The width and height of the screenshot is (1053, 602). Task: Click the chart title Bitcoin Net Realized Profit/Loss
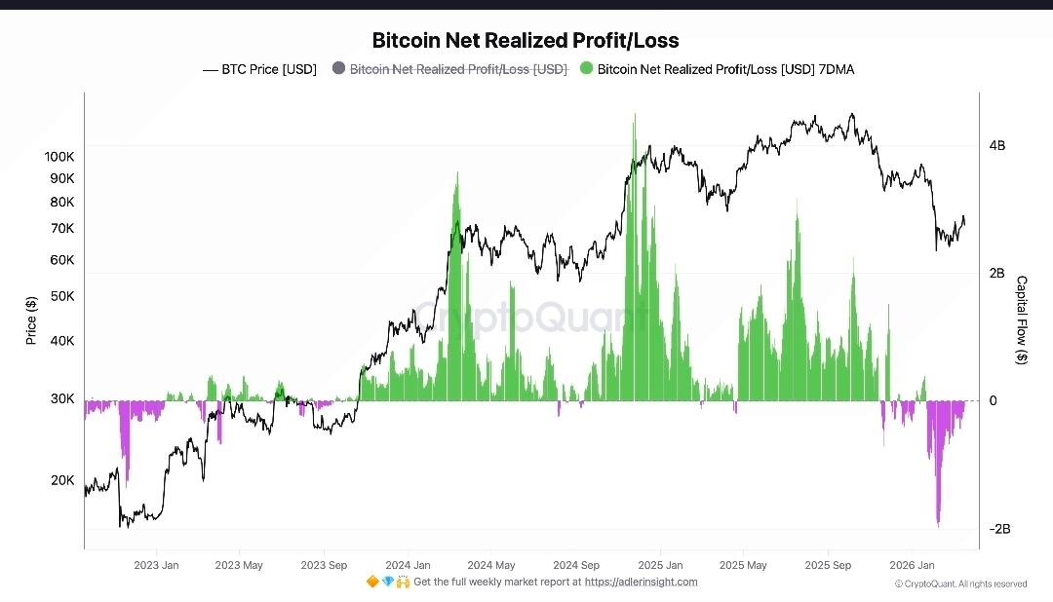[526, 41]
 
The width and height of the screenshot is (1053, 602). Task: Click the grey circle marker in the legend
[338, 68]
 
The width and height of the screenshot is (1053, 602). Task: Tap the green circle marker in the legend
[586, 68]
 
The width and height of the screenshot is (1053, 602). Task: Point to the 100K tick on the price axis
[59, 156]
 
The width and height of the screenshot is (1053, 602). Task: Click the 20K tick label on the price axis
[62, 480]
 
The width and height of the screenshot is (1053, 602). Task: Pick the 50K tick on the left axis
[62, 296]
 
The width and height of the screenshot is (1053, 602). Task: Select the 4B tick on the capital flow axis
[996, 146]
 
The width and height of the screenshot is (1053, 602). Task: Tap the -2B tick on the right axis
[998, 529]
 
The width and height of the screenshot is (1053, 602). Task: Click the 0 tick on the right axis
[993, 401]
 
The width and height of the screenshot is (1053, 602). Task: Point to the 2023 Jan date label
[156, 565]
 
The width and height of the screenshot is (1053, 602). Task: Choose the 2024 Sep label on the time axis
[576, 565]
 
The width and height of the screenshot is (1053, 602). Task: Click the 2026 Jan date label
[912, 565]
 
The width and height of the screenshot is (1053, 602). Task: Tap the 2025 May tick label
[744, 565]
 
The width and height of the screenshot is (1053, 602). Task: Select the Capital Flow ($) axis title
[1021, 320]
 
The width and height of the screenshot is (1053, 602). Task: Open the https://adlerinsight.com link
[641, 582]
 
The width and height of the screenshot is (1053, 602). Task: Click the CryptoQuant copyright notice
[960, 583]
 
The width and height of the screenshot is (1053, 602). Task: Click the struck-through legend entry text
[458, 69]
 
